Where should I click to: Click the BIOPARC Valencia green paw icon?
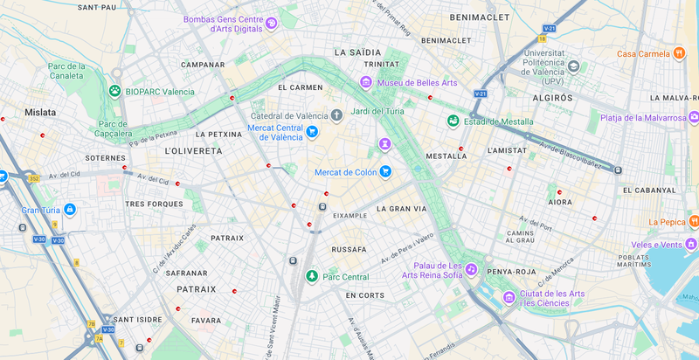click(114, 90)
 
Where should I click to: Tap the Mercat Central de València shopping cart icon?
click(311, 132)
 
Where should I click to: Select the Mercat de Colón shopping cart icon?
click(384, 172)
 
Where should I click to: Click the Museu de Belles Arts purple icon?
click(367, 83)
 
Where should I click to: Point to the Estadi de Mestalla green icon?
click(453, 121)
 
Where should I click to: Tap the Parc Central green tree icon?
click(311, 277)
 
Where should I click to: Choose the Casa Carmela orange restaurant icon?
click(678, 53)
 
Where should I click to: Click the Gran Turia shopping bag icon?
click(69, 210)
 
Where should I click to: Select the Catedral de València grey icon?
click(336, 115)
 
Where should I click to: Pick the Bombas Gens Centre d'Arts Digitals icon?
click(271, 24)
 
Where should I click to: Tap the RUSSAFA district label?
click(349, 250)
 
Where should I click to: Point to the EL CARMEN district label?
click(300, 88)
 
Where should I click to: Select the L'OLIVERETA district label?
click(193, 151)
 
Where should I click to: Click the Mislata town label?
click(40, 113)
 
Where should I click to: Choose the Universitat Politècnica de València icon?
click(573, 66)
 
